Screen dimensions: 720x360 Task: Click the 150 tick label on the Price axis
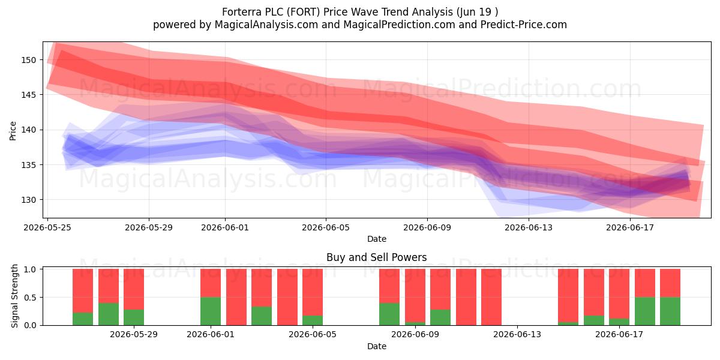coord(29,60)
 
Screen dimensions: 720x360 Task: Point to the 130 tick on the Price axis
coord(29,200)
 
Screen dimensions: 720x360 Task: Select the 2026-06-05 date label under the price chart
coord(326,227)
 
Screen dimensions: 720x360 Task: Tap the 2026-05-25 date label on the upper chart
coord(47,227)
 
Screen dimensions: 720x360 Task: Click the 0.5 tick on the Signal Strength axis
coord(30,298)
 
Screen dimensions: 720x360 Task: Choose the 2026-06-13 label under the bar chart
coord(517,335)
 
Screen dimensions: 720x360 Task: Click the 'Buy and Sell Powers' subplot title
coord(376,257)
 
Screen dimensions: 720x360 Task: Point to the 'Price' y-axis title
coord(13,131)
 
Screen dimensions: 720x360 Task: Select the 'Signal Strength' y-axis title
coord(14,296)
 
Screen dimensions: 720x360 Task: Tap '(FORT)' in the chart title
coord(304,12)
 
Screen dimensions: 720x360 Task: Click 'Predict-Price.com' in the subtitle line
coord(524,25)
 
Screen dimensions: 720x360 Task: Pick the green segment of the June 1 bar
coord(211,311)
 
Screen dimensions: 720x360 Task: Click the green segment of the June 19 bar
coord(670,311)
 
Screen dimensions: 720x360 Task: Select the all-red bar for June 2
coord(236,297)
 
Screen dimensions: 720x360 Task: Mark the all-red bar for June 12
coord(491,297)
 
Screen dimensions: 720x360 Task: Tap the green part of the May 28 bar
coord(134,317)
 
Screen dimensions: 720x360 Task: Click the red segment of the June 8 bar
coord(389,286)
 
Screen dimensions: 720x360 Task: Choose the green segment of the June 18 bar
coord(645,311)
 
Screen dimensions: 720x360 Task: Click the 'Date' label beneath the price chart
coord(377,239)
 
